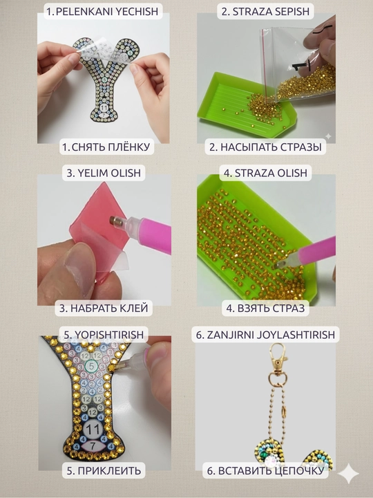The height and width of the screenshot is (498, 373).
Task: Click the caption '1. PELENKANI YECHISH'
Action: point(102,12)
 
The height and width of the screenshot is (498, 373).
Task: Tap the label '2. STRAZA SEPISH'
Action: point(265,12)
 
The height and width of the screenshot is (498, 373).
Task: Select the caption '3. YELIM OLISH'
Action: point(104,173)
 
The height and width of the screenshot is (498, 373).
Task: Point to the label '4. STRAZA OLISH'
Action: point(265,173)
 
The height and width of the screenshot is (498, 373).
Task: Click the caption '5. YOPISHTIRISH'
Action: point(104,335)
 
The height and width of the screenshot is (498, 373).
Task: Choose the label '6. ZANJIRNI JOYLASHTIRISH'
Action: point(265,335)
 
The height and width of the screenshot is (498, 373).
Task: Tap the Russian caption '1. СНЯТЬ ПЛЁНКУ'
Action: point(106,147)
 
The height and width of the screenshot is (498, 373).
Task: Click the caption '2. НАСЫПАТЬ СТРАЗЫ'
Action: point(265,147)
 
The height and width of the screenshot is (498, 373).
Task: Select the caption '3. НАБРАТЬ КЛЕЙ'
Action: point(104,308)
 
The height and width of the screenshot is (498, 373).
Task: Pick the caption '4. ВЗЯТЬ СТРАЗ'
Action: point(265,308)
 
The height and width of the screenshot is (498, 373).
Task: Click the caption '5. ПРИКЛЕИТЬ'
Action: point(104,470)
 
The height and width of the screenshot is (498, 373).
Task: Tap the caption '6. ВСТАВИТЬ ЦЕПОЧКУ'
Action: point(265,471)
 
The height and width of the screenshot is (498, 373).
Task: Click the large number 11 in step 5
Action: point(93,430)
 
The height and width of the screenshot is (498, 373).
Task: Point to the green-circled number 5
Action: point(92,366)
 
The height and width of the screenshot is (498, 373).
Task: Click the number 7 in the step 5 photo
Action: point(93,446)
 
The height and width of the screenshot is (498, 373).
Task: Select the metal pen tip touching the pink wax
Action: point(115,221)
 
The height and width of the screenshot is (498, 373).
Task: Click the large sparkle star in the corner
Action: point(348,473)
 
